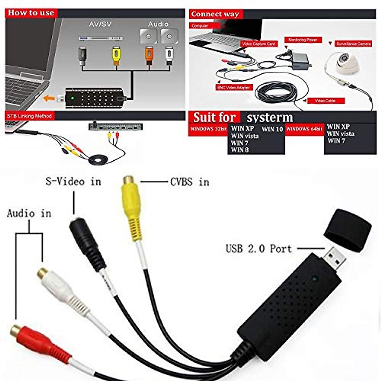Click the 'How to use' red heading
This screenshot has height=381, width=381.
point(31,13)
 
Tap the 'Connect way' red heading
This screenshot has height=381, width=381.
point(215,14)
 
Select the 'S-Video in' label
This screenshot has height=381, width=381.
point(73,182)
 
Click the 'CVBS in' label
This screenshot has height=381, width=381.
point(190,182)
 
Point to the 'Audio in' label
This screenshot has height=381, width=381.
point(29,213)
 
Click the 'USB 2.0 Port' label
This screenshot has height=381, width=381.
point(258,248)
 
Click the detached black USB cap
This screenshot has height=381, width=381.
point(348,230)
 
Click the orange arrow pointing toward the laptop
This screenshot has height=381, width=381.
point(49,98)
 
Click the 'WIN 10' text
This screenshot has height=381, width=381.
point(272,129)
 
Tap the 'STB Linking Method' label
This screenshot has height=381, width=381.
point(29,116)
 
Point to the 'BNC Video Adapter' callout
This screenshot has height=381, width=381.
point(234,87)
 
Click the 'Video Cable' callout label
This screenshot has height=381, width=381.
point(325,101)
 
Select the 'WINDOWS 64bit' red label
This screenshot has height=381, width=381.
point(304,129)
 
